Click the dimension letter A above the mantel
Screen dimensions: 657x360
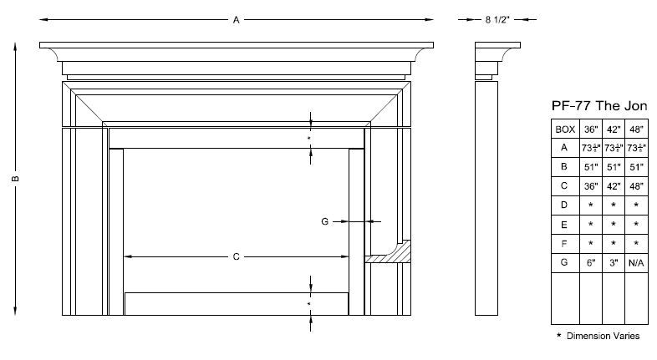(x=237, y=19)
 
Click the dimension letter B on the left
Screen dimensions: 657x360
(x=15, y=178)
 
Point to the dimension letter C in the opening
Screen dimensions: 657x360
(x=237, y=256)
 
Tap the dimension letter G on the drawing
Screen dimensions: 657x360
(x=324, y=221)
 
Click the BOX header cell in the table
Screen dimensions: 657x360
(x=564, y=129)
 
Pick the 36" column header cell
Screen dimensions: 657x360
(x=590, y=129)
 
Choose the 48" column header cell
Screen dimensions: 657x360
(x=636, y=129)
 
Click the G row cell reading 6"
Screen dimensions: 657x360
(x=590, y=263)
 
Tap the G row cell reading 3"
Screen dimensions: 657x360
(x=613, y=263)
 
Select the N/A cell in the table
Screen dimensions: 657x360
(x=636, y=263)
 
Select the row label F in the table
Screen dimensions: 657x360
(x=564, y=244)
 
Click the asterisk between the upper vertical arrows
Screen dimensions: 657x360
(x=309, y=137)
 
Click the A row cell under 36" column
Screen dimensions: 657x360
(x=590, y=148)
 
